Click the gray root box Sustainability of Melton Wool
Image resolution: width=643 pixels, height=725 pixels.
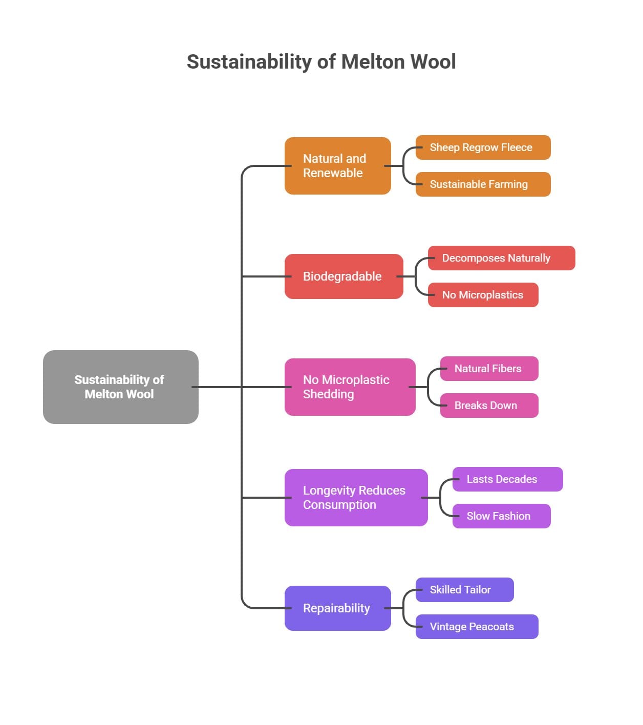click(x=120, y=387)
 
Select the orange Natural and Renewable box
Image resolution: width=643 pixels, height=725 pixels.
click(x=337, y=166)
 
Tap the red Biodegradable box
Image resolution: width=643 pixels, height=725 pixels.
click(x=344, y=276)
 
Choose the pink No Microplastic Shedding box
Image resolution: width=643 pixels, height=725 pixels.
click(x=350, y=387)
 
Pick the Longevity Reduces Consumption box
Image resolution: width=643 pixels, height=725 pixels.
click(x=356, y=498)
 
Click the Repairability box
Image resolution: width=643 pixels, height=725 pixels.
click(x=337, y=608)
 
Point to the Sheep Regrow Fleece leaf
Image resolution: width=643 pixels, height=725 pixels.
click(x=483, y=147)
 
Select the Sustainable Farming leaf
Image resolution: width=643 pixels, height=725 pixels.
click(x=483, y=184)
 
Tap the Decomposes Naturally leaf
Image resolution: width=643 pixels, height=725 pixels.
click(x=501, y=258)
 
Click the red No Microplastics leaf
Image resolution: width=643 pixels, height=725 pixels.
click(x=483, y=295)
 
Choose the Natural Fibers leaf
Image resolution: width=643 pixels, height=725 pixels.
click(x=489, y=369)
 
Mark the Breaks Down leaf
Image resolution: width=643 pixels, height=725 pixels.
click(x=489, y=406)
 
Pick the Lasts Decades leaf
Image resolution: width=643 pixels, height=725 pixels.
click(x=507, y=479)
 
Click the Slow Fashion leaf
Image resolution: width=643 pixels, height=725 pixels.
click(x=501, y=516)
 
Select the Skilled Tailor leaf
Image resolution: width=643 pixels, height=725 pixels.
click(x=464, y=590)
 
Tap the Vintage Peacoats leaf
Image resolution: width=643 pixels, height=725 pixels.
click(x=477, y=627)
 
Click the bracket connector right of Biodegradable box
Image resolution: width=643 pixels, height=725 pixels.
click(x=416, y=276)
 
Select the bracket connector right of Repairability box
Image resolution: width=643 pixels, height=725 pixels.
click(x=403, y=608)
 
